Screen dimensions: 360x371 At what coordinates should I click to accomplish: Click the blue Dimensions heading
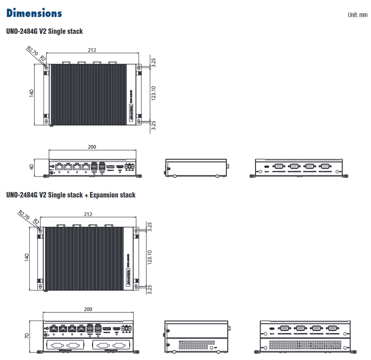34,13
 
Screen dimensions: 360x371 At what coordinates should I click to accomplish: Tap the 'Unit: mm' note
357,15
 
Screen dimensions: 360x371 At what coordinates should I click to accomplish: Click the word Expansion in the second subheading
104,195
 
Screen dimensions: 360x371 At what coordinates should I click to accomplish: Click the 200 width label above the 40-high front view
92,147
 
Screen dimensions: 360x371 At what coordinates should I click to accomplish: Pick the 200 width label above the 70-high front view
88,309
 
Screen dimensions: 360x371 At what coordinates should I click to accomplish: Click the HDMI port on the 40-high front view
120,167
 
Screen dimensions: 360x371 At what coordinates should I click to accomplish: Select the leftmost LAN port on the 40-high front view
58,167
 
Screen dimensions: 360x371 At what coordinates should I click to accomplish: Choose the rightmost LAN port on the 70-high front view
81,329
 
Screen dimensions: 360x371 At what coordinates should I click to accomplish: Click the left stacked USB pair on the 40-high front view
94,167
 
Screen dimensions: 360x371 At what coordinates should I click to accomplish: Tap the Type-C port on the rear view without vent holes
266,167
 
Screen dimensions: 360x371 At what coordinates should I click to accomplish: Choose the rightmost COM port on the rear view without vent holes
325,167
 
